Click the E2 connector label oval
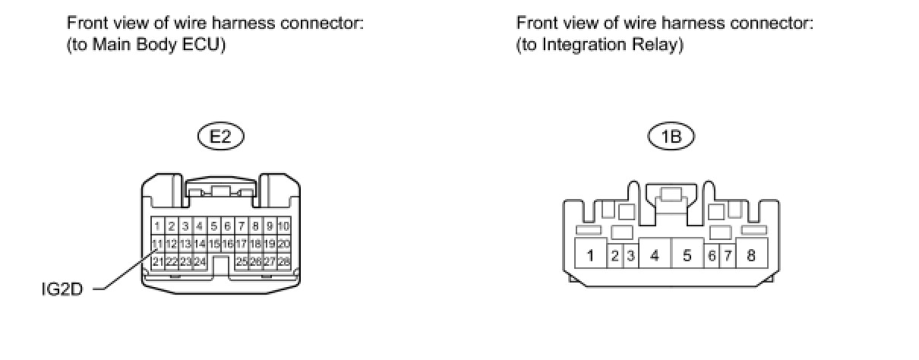(221, 137)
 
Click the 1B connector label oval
(671, 137)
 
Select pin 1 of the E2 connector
(158, 226)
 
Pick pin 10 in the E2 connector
(284, 226)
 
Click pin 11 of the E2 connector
(158, 244)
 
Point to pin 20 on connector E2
(284, 244)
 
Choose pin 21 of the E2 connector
(158, 261)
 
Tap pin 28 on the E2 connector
(284, 261)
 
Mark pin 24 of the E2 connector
(201, 261)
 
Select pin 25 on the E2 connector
(242, 261)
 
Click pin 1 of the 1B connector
(590, 255)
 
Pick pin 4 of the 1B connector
(654, 255)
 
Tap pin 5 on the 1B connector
(687, 255)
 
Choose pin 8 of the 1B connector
(751, 255)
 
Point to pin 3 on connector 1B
(630, 255)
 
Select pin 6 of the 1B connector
(712, 255)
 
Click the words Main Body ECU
(156, 45)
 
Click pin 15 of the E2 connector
(214, 244)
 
